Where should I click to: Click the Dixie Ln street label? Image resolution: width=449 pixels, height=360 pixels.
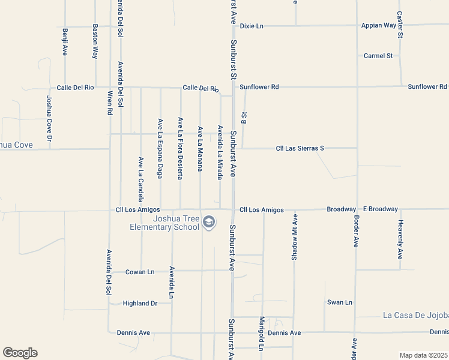[252, 26]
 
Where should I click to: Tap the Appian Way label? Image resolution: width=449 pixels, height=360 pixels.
[379, 25]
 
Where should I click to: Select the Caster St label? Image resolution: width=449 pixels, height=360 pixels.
[400, 25]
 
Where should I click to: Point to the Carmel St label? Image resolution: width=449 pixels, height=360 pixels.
[378, 56]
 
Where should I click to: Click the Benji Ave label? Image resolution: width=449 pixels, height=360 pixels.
[65, 41]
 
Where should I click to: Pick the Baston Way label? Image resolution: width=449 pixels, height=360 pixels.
[95, 41]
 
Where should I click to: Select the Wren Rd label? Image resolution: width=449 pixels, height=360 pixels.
[110, 103]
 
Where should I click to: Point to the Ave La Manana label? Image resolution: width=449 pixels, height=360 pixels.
[200, 149]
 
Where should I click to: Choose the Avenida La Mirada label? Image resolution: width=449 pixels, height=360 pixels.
[220, 152]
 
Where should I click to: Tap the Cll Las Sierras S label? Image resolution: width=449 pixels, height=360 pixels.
[300, 148]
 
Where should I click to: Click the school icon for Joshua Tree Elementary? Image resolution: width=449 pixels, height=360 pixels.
[208, 223]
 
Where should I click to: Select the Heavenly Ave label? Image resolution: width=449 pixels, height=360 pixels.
[400, 239]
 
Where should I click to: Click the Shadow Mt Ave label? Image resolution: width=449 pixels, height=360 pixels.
[294, 236]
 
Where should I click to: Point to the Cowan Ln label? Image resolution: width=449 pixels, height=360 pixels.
[140, 272]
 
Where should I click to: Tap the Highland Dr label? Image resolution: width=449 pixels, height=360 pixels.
[140, 303]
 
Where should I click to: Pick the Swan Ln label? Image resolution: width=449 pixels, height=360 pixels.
[339, 302]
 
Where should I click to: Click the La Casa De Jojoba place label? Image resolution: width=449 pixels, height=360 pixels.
[415, 315]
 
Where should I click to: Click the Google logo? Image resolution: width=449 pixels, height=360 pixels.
[20, 353]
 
